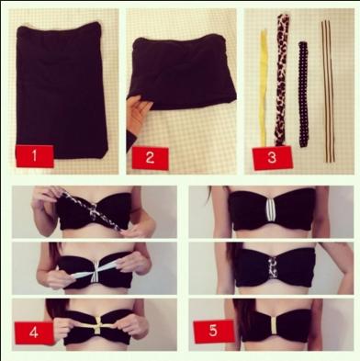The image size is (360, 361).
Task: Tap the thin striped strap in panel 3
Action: (x=326, y=78)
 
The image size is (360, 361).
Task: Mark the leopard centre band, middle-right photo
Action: (x=269, y=265)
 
